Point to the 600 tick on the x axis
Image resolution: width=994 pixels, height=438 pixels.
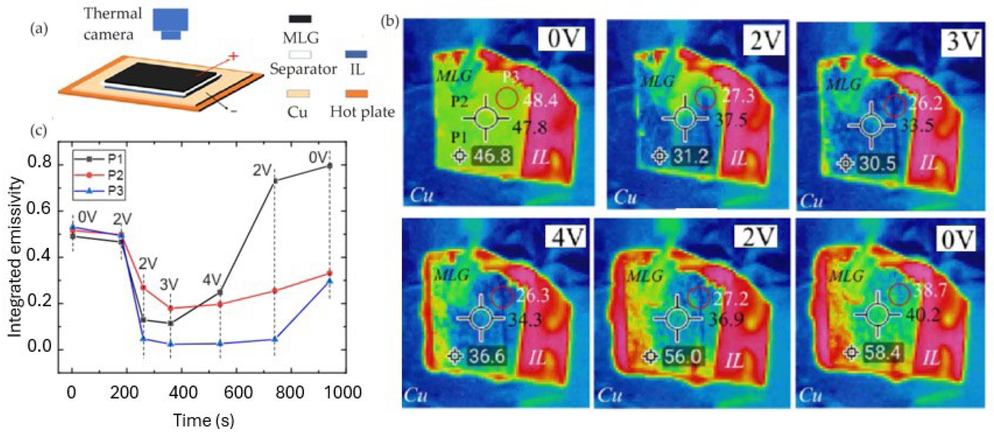(238, 392)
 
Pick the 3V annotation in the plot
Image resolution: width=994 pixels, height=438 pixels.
(169, 285)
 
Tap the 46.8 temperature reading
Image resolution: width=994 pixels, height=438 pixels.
(492, 156)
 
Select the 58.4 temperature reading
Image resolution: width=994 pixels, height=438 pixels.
(882, 353)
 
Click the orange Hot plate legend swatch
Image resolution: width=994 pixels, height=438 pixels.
(356, 94)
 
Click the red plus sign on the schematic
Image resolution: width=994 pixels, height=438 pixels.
(233, 56)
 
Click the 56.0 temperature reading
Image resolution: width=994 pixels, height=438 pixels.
(682, 356)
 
